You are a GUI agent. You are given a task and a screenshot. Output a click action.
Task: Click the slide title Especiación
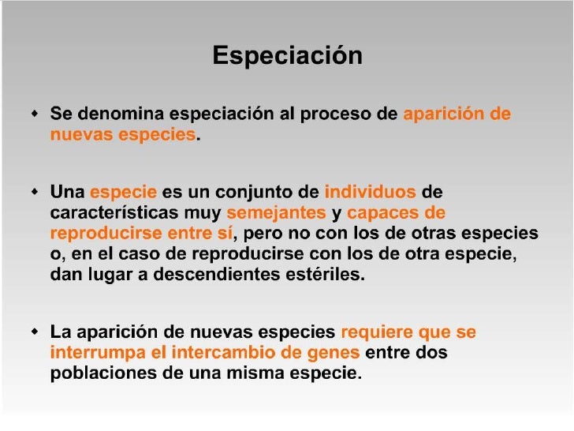(287, 56)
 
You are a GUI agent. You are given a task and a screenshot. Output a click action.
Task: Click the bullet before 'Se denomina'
(34, 115)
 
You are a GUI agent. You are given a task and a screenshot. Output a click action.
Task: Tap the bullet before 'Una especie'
(34, 193)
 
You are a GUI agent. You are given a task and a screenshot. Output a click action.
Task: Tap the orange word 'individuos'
(370, 192)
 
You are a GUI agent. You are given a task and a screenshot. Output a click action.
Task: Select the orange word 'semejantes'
(276, 213)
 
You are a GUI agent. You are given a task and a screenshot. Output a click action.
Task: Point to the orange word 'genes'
(335, 353)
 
